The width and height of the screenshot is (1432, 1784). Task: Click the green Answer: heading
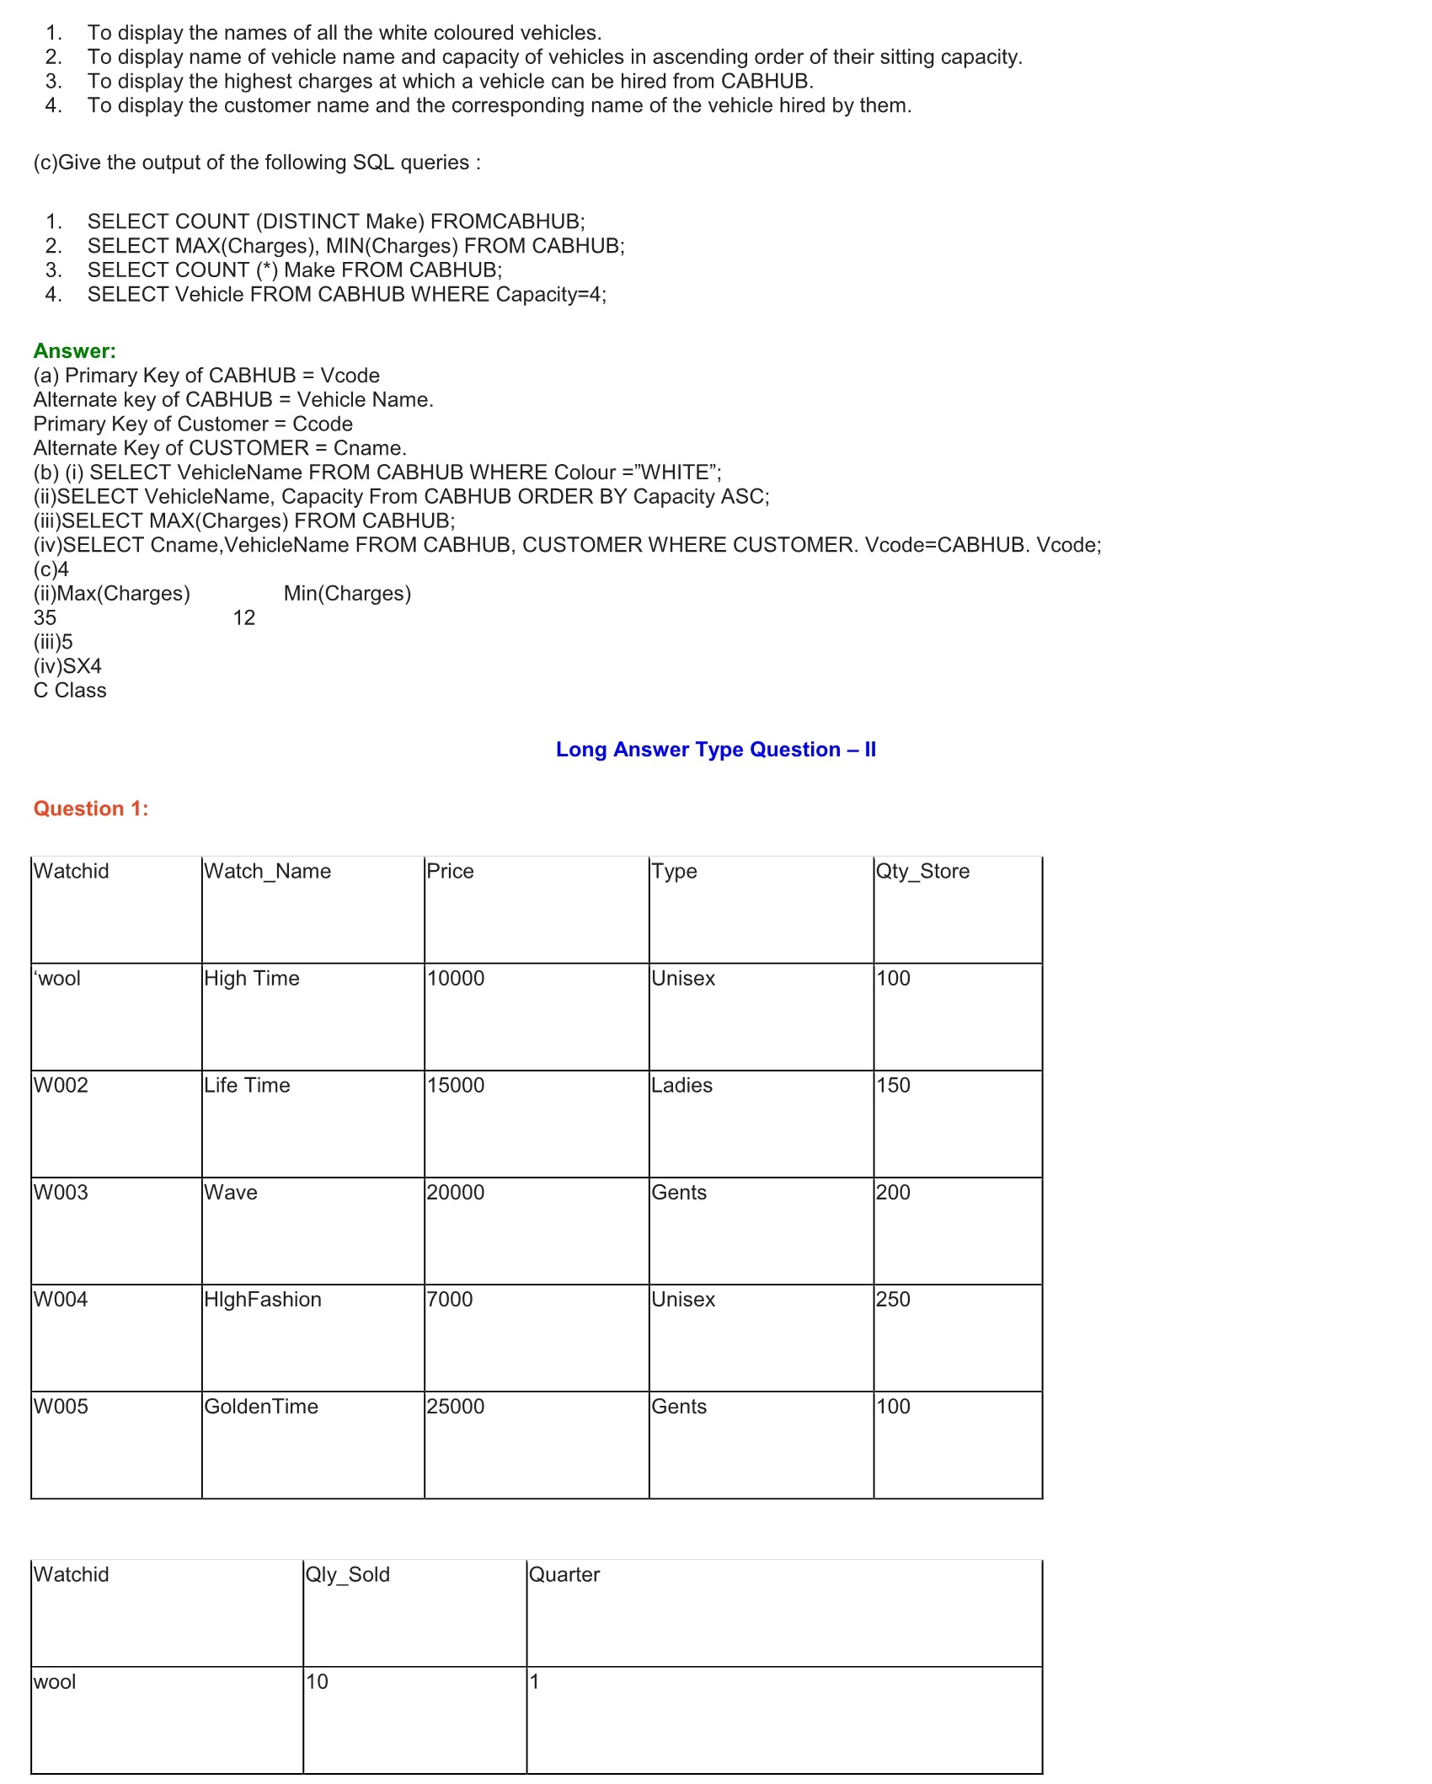tap(74, 351)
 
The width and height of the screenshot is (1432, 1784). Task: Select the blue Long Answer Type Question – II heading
tap(715, 750)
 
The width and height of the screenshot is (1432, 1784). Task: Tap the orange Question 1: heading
tap(91, 809)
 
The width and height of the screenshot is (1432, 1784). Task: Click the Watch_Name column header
tap(267, 871)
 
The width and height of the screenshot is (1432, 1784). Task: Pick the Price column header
tap(450, 871)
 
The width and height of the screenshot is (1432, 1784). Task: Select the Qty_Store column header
tap(922, 871)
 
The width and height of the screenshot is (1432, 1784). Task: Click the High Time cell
tap(252, 978)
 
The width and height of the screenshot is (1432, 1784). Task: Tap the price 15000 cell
tap(456, 1085)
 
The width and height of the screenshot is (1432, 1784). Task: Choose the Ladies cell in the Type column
tap(681, 1085)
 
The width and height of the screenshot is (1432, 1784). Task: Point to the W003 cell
tap(61, 1192)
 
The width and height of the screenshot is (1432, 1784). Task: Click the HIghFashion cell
tap(263, 1299)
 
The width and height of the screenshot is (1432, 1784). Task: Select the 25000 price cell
tap(456, 1406)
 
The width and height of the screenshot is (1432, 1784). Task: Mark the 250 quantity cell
tap(893, 1299)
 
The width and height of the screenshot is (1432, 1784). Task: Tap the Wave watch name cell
tap(231, 1192)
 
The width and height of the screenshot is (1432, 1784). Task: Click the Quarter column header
tap(564, 1574)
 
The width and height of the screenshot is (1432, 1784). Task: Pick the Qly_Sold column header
tap(347, 1574)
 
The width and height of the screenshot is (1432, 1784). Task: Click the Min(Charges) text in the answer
tap(347, 594)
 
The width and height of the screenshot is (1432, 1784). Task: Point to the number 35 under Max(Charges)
tap(45, 617)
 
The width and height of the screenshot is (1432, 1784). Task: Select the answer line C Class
tap(70, 691)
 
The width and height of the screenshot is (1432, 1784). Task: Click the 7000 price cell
tap(450, 1299)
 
